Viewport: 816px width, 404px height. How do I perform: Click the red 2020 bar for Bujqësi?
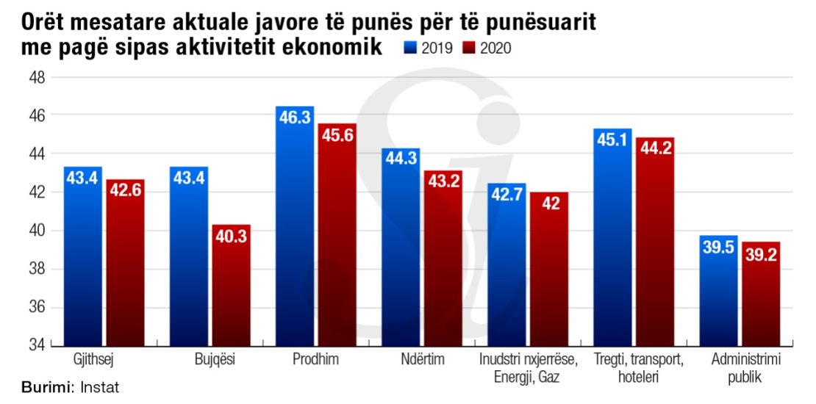(x=232, y=286)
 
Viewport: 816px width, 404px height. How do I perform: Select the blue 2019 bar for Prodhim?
(x=295, y=228)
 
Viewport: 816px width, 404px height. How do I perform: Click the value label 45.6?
(x=337, y=136)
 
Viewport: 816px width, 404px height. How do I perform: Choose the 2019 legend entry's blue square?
(x=410, y=48)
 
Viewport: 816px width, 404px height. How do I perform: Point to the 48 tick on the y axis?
(x=37, y=77)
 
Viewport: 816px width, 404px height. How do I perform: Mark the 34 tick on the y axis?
(x=37, y=345)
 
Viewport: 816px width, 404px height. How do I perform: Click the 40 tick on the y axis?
(x=37, y=231)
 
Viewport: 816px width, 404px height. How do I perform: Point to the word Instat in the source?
(x=100, y=387)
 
